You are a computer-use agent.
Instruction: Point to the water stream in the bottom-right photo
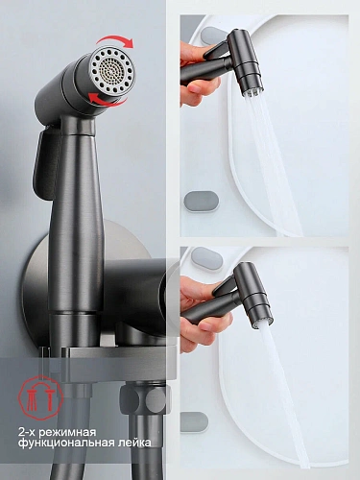pyautogui.click(x=285, y=394)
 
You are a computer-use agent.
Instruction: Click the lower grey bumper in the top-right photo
pyautogui.click(x=202, y=202)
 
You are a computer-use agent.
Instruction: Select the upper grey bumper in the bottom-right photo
pyautogui.click(x=206, y=258)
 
